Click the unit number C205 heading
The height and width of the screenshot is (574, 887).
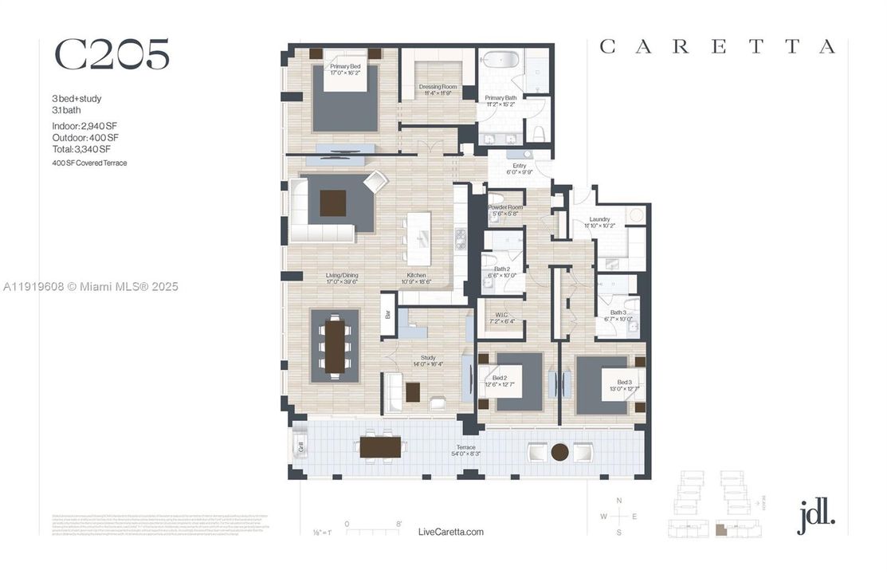click(112, 54)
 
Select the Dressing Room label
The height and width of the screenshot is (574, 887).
click(437, 89)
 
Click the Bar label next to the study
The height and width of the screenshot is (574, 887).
click(388, 314)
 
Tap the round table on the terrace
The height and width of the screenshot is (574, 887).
click(561, 453)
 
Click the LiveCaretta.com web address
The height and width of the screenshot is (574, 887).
click(450, 532)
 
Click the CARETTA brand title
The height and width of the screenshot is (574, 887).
click(716, 47)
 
